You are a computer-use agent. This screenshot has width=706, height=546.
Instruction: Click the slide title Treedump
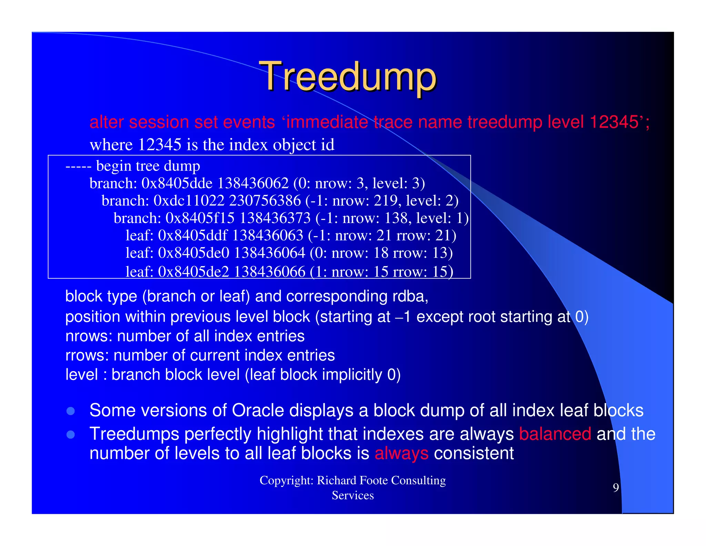tap(348, 77)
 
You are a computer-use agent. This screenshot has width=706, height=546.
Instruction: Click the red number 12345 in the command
tap(614, 122)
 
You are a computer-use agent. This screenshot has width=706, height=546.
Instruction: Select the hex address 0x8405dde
tap(177, 183)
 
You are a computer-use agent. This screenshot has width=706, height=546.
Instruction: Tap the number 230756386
tap(265, 201)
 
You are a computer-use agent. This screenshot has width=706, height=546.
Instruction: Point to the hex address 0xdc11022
tap(189, 201)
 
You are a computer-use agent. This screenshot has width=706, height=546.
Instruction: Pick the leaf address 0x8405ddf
tap(193, 236)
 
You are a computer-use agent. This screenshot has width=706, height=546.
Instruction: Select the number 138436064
tap(270, 253)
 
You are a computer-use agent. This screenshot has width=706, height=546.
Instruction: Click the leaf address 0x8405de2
tap(193, 272)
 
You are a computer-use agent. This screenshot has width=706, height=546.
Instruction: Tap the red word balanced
tap(555, 434)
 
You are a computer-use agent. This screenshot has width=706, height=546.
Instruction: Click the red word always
tap(401, 453)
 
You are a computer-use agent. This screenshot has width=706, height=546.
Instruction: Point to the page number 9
tap(616, 487)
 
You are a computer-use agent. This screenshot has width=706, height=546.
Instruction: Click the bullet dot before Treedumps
tap(71, 434)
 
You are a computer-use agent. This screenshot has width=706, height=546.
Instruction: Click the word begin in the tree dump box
tap(113, 166)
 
